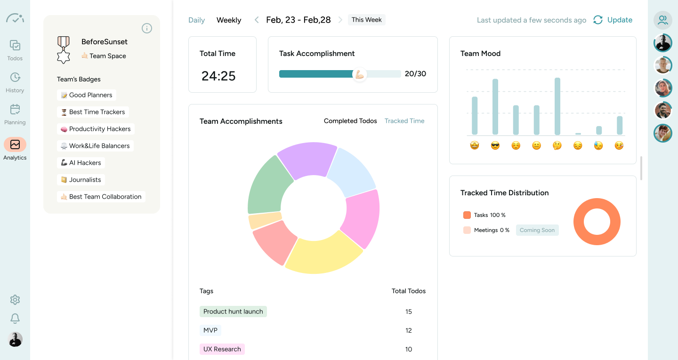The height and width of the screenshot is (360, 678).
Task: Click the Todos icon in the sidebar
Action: pyautogui.click(x=15, y=46)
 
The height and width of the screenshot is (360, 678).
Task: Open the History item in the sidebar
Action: pyautogui.click(x=15, y=78)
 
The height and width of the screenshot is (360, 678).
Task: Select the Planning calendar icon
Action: pyautogui.click(x=15, y=110)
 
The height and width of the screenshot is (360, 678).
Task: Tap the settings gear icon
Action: pyautogui.click(x=15, y=300)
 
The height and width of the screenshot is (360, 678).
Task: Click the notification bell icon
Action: pyautogui.click(x=15, y=319)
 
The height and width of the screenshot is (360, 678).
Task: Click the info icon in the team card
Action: pyautogui.click(x=147, y=28)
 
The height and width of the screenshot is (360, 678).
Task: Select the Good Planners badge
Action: pyautogui.click(x=87, y=95)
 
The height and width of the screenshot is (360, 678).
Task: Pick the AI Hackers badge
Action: pyautogui.click(x=81, y=163)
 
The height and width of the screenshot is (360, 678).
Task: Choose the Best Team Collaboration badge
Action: pyautogui.click(x=101, y=197)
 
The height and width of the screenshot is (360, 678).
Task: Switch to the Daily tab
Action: pyautogui.click(x=196, y=20)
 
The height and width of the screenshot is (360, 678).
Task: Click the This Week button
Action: pyautogui.click(x=366, y=20)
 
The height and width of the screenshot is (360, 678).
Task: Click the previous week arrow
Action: pyautogui.click(x=257, y=20)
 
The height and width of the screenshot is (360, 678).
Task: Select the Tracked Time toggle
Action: pyautogui.click(x=404, y=121)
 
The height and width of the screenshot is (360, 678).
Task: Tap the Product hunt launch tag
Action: pyautogui.click(x=233, y=312)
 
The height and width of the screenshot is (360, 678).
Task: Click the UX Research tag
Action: pyautogui.click(x=222, y=349)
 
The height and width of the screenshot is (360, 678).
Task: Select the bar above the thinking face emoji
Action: pyautogui.click(x=557, y=106)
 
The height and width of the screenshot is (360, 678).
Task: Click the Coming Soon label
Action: pyautogui.click(x=537, y=230)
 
